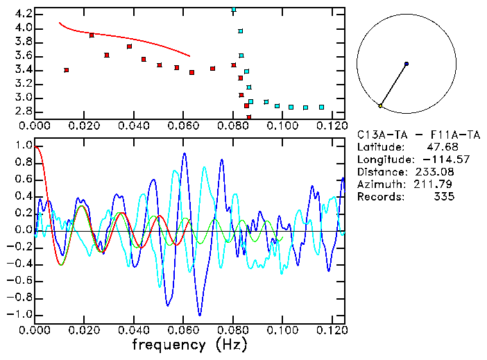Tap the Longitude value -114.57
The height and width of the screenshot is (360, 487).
434,159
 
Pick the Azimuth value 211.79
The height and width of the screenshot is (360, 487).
437,184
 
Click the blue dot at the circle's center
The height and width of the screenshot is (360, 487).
407,64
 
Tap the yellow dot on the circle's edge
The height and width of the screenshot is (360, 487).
380,105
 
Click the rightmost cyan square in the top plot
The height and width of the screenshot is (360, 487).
321,107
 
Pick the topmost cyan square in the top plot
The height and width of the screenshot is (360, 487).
234,10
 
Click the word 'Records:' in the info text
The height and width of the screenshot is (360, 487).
379,196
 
